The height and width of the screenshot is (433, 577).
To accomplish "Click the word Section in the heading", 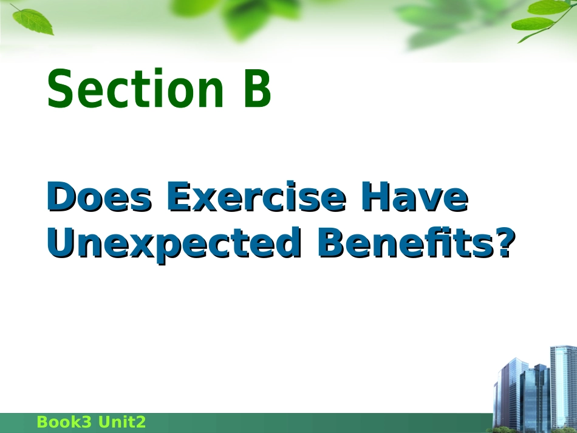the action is [x=135, y=88].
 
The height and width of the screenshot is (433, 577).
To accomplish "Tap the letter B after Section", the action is [x=258, y=88].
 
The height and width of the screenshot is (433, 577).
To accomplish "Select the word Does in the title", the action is [x=100, y=197].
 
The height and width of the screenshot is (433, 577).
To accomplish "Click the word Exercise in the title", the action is [x=256, y=197].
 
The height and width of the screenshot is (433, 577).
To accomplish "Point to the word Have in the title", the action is [x=415, y=197].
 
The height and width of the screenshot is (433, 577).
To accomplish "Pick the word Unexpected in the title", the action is [x=174, y=244].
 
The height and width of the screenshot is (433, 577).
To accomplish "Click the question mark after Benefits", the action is [x=505, y=242].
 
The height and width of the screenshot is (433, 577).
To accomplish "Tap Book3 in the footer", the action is [x=64, y=422].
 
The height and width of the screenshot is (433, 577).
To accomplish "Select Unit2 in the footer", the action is [x=122, y=422].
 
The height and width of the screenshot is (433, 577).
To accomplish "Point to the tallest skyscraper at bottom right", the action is [x=564, y=386].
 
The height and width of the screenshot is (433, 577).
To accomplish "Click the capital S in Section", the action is [x=59, y=88].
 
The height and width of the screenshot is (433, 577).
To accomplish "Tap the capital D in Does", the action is [x=61, y=197].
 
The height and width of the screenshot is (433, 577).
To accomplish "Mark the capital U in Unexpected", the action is [x=61, y=242].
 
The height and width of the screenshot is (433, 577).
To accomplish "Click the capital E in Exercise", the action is [x=180, y=197].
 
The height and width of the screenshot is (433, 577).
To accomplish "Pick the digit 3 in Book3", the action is [x=86, y=422].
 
